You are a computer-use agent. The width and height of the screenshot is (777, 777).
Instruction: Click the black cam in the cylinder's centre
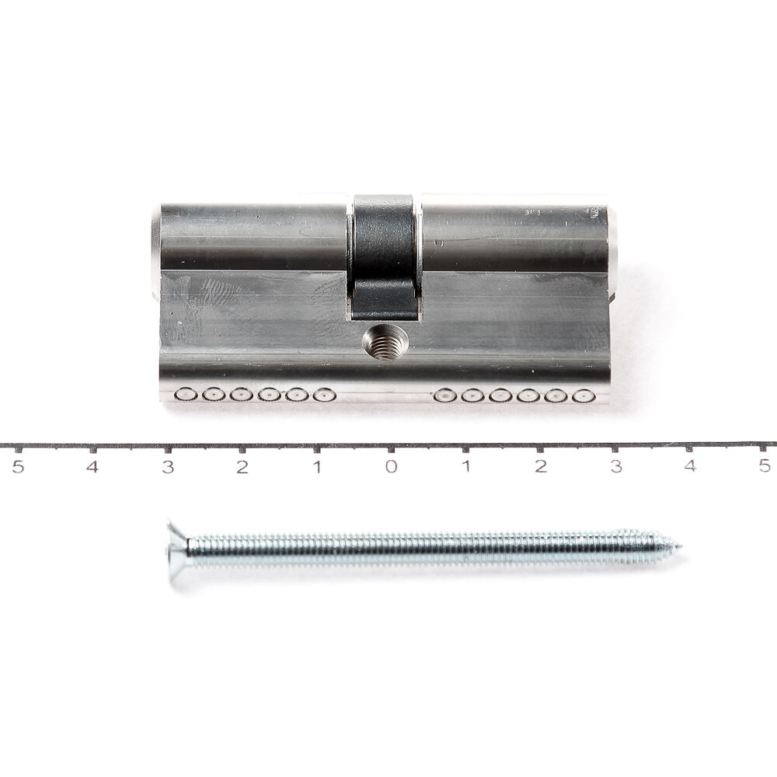click(385, 256)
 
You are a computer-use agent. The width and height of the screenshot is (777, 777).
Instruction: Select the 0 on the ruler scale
click(391, 466)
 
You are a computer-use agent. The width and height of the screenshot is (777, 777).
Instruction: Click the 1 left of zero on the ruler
click(316, 466)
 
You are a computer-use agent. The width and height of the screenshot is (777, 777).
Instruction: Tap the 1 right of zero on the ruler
click(466, 466)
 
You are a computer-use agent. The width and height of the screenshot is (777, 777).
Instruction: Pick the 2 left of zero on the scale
click(242, 466)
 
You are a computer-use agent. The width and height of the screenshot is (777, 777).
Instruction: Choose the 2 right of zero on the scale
click(541, 466)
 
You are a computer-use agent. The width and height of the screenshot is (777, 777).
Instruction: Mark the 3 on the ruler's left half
click(167, 466)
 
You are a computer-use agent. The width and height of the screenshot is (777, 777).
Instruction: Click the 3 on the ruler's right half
click(615, 466)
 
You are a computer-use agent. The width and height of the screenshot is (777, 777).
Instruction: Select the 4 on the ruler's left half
click(92, 466)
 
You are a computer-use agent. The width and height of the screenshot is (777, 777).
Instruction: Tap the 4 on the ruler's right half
click(690, 466)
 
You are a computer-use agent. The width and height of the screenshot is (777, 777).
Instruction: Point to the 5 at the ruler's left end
click(17, 466)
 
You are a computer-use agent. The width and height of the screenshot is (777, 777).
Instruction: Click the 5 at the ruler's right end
click(765, 466)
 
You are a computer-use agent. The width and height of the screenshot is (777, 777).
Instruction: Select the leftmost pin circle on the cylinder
click(185, 395)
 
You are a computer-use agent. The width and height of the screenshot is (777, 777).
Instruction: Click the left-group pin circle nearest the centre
click(324, 395)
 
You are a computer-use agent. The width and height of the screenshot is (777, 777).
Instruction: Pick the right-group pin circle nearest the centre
click(444, 396)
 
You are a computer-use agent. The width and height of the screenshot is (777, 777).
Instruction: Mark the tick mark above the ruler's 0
click(391, 448)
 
